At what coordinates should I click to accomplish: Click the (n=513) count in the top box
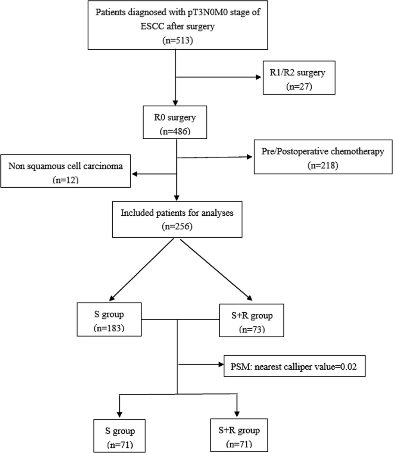pos(175,41)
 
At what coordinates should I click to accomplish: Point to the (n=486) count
pos(175,131)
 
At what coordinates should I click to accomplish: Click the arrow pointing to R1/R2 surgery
pos(258,78)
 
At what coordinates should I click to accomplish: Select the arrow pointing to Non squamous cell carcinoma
pos(136,174)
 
